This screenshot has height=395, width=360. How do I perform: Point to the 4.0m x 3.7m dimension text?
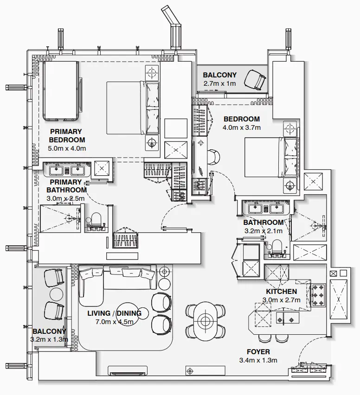[242, 127]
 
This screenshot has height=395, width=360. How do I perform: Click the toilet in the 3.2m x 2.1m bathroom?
[277, 248]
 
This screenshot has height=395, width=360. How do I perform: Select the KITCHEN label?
[282, 292]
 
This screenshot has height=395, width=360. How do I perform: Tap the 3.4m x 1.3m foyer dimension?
[258, 360]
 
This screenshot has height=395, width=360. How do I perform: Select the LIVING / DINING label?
[114, 313]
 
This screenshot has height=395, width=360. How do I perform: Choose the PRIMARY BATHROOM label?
[66, 186]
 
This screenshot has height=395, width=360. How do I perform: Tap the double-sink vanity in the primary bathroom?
[67, 169]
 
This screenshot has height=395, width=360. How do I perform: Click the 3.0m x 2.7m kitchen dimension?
[282, 300]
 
